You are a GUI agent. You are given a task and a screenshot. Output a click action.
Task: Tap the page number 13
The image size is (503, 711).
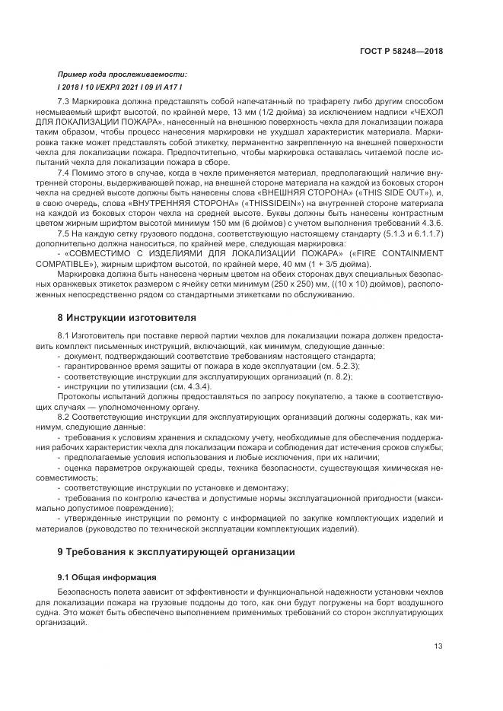point(438,646)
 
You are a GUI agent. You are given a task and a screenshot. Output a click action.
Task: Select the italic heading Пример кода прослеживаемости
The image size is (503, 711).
point(122,75)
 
